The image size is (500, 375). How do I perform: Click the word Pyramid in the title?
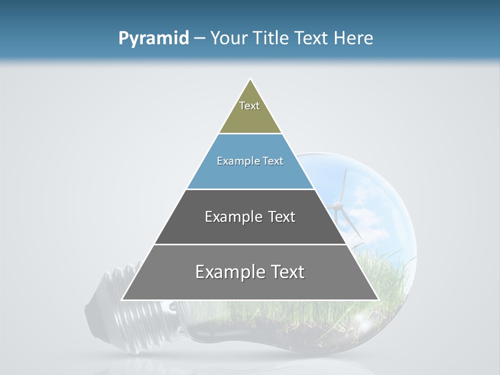click(x=153, y=39)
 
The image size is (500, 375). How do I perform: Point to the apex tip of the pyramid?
click(x=250, y=80)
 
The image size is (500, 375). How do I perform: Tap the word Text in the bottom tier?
click(x=283, y=272)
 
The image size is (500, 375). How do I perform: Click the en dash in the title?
click(x=199, y=39)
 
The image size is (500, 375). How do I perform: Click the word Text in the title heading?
click(x=311, y=39)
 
